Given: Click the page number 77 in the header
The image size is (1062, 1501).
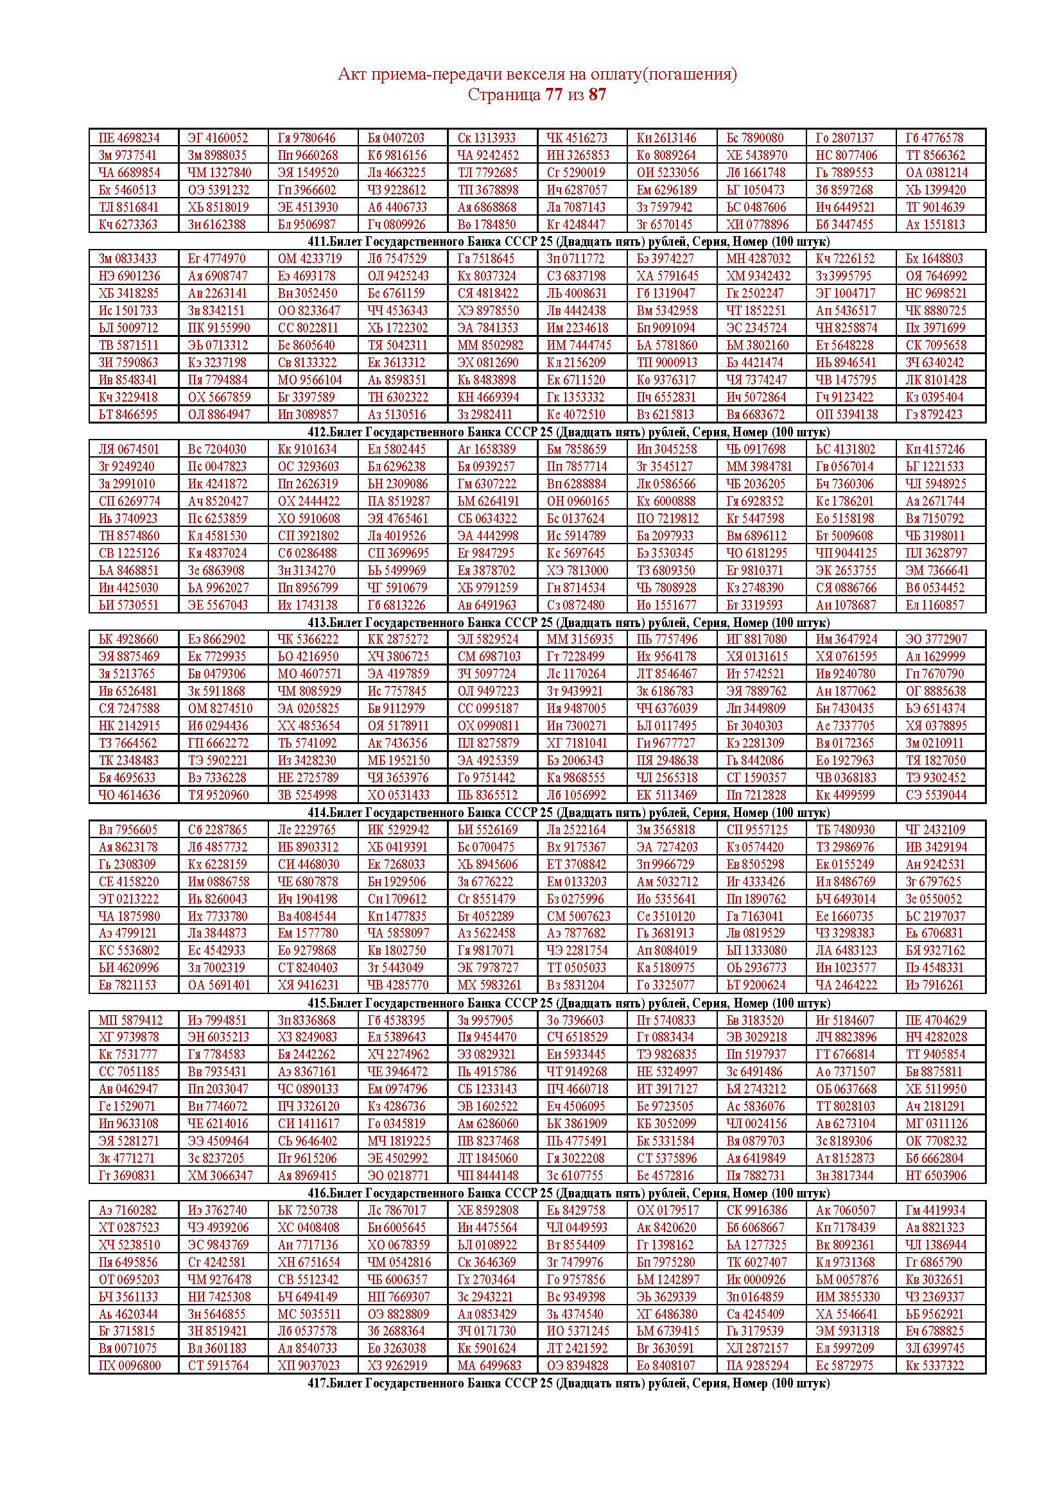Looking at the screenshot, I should click(553, 95).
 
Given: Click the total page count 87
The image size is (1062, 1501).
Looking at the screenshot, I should click(597, 95).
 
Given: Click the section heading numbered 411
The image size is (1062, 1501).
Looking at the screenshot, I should click(569, 242).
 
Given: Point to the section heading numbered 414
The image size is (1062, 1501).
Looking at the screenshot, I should click(569, 812).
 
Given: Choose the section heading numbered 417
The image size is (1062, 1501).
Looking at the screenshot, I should click(569, 1384).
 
